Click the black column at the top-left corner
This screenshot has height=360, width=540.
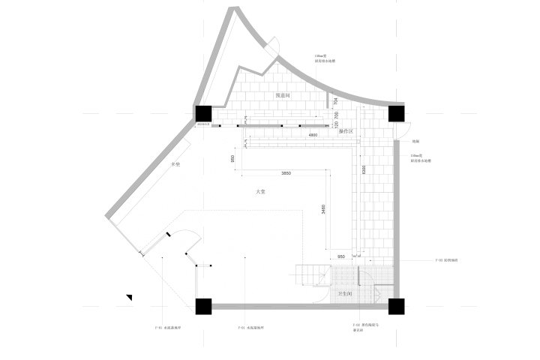[203, 113]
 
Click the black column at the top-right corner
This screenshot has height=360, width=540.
[397, 113]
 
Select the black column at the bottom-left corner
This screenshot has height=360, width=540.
[203, 306]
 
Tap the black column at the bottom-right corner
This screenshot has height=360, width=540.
[397, 306]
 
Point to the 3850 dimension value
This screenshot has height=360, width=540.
[286, 173]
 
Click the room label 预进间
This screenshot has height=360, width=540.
[283, 96]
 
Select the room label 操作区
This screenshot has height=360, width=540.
[346, 131]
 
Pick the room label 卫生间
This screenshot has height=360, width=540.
[346, 293]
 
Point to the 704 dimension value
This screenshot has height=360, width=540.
[335, 101]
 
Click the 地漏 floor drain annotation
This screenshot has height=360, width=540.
[415, 141]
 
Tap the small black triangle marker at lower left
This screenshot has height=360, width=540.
[130, 298]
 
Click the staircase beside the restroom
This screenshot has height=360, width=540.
[310, 275]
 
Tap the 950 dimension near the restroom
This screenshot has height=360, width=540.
[341, 255]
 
